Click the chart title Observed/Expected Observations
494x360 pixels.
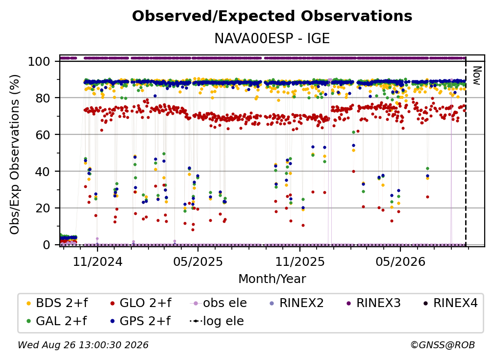pos(272,16)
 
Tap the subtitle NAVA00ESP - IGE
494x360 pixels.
pos(272,38)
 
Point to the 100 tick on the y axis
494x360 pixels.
pos(39,61)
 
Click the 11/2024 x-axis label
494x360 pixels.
pos(98,261)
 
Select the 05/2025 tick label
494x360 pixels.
pos(198,261)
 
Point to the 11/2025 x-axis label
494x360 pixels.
pos(299,261)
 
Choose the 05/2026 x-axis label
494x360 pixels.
pos(400,261)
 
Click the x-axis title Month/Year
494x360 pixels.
pos(272,279)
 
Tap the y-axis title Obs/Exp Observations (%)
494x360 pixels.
pos(15,154)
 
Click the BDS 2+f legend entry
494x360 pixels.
pos(57,303)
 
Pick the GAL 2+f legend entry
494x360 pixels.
pos(56,321)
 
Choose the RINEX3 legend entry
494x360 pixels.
pos(373,303)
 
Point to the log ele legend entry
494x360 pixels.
pos(217,321)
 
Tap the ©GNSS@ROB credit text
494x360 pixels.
pos(443,345)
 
